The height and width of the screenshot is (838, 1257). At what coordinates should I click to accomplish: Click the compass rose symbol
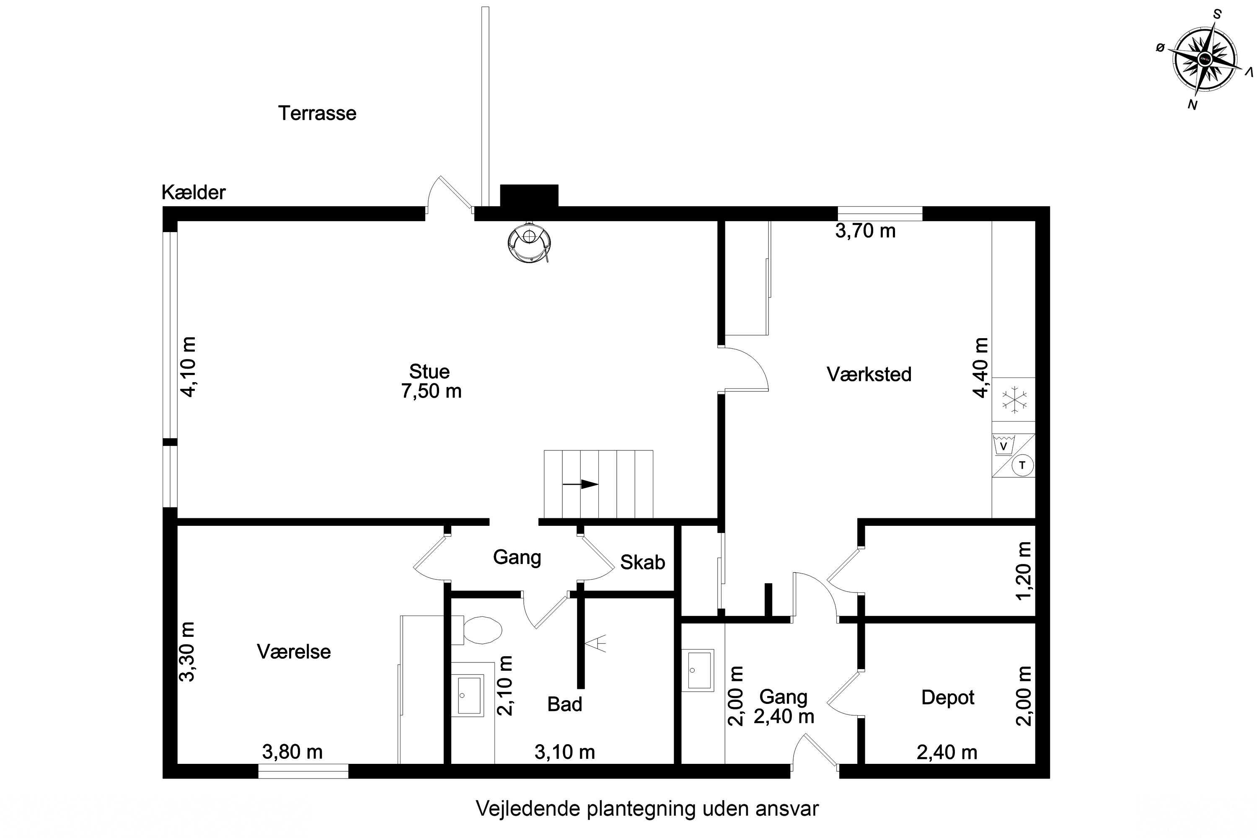pos(1205,60)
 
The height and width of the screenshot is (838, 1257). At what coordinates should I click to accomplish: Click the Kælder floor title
pos(194,192)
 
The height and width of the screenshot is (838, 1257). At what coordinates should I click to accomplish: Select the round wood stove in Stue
pos(529,242)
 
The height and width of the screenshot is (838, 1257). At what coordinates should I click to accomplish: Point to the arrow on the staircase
pos(580,484)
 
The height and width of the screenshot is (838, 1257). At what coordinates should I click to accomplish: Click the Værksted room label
pos(869,374)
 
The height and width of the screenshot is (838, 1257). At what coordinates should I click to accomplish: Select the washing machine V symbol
pos(1004,445)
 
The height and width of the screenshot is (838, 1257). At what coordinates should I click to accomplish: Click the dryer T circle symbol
pos(1022,465)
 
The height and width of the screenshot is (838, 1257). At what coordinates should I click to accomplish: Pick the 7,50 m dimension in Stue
pos(431,391)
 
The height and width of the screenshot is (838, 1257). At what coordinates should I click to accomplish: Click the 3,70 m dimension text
pos(865,231)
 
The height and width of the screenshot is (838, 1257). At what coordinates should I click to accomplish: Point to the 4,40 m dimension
pos(981,368)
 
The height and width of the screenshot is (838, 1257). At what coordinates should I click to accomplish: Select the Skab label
pos(642,562)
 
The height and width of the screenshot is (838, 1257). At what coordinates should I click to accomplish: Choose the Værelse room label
pos(294,652)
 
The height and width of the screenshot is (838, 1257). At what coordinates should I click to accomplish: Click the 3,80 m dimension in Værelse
pos(292,753)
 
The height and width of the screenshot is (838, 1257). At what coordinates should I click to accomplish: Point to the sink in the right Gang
pos(698,670)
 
